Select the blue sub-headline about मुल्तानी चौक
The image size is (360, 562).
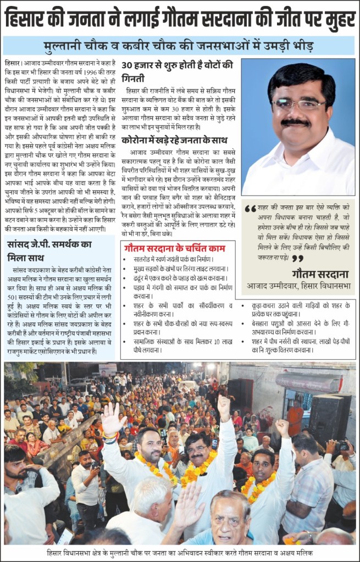179,46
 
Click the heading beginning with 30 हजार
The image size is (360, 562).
178,69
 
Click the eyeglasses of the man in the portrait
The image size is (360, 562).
298,104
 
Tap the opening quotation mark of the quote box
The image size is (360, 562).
251,209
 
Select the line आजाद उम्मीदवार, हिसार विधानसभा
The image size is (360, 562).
298,286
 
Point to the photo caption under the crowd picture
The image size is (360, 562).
179,553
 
